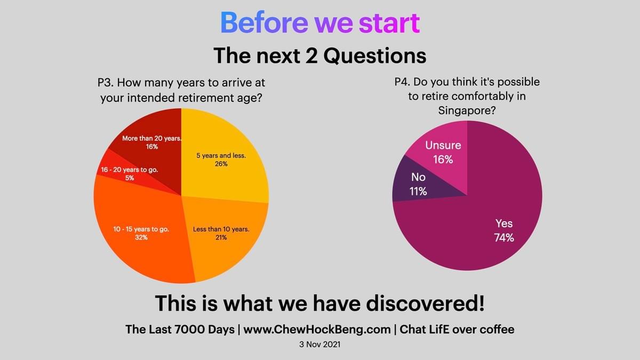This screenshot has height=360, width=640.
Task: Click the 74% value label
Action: click(504, 238)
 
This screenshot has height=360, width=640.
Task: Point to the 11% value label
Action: click(418, 191)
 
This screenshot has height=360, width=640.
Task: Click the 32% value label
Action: click(141, 237)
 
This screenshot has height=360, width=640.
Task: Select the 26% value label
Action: click(221, 164)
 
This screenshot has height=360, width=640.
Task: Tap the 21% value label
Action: click(221, 237)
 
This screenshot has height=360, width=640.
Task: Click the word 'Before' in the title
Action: click(264, 22)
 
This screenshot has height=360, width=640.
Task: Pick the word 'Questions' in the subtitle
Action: click(374, 55)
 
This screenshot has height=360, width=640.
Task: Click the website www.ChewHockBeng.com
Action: click(317, 330)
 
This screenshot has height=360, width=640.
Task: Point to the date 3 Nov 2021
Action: click(319, 345)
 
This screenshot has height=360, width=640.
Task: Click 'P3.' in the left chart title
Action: click(106, 83)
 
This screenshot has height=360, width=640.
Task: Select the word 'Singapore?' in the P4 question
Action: click(467, 111)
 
